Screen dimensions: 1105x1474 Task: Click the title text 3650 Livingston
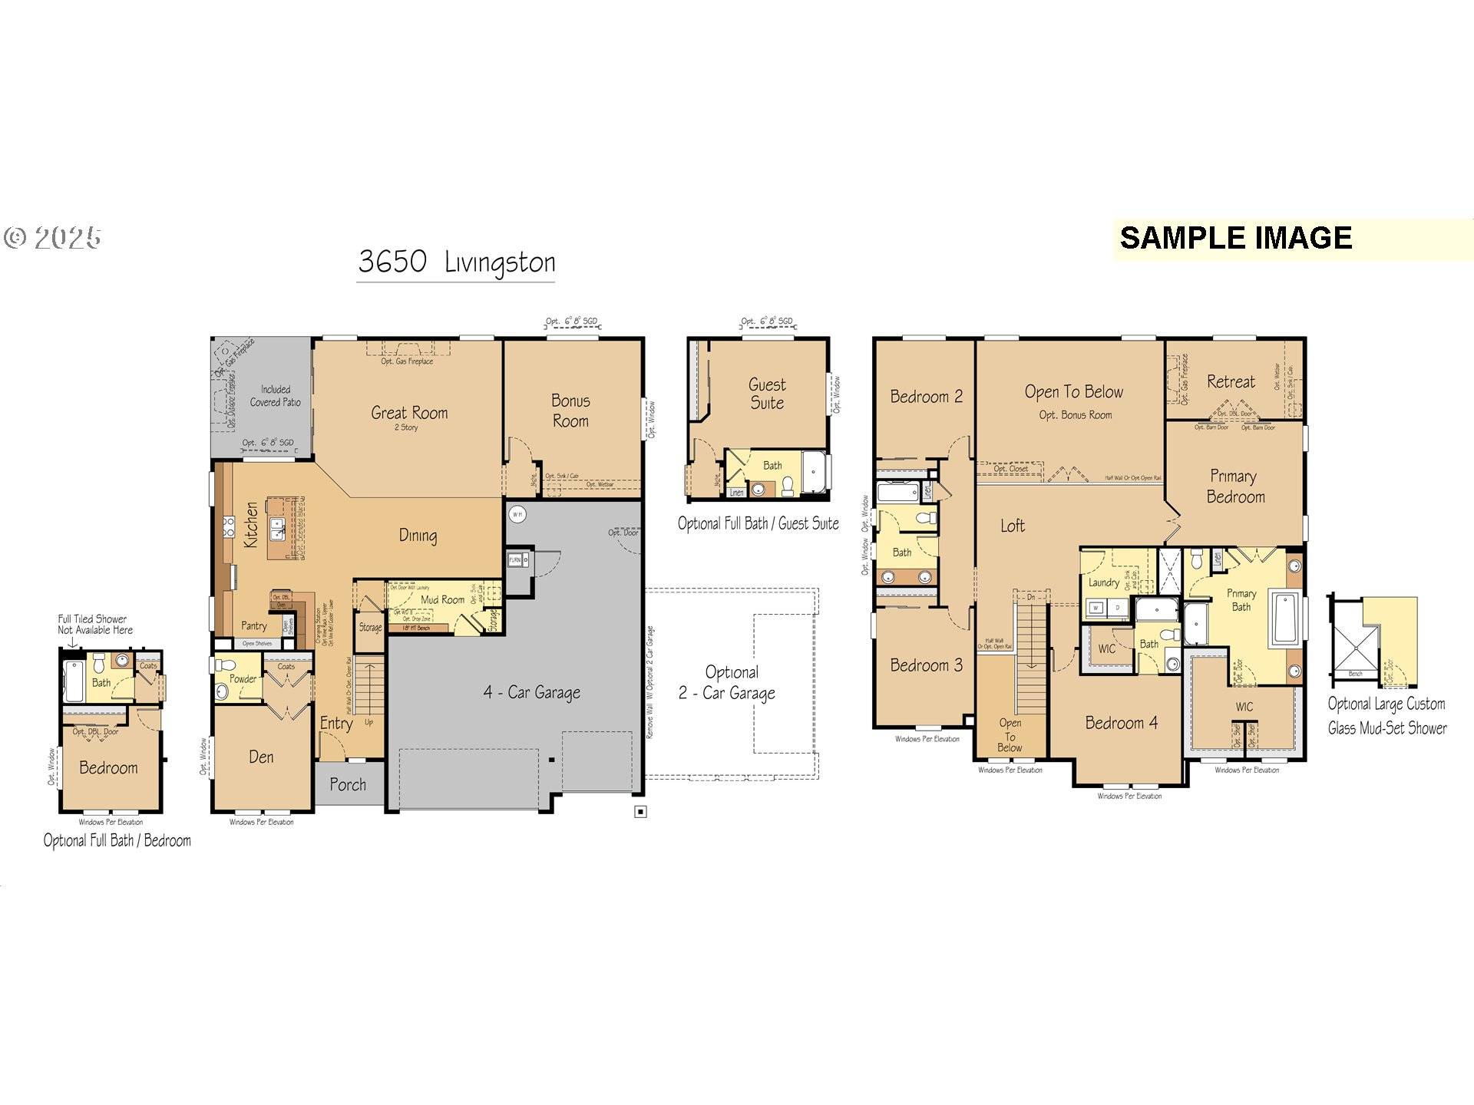[456, 262]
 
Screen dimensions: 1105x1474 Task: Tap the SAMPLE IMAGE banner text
[1235, 238]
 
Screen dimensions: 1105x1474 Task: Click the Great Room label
[409, 414]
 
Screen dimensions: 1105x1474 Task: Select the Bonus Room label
[570, 411]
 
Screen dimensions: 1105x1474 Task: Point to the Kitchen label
[252, 525]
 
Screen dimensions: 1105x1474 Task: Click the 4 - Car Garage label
[531, 692]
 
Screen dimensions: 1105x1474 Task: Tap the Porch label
[348, 784]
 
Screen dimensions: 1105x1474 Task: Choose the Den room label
[261, 757]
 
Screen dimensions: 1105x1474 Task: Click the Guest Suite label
[767, 394]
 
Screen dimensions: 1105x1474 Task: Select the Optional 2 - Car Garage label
[727, 683]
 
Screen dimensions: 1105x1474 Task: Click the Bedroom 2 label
[926, 397]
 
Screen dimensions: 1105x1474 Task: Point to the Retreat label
[1231, 382]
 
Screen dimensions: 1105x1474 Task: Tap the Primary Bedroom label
[1234, 487]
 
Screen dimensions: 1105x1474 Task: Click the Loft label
[1012, 526]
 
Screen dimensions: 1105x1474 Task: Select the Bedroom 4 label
[1121, 723]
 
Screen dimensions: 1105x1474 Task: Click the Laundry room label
[1103, 582]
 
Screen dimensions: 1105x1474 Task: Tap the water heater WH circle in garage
[517, 514]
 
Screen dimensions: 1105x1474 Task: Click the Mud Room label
[442, 600]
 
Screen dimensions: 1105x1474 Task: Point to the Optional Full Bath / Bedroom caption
[117, 841]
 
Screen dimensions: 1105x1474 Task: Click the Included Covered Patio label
[275, 396]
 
